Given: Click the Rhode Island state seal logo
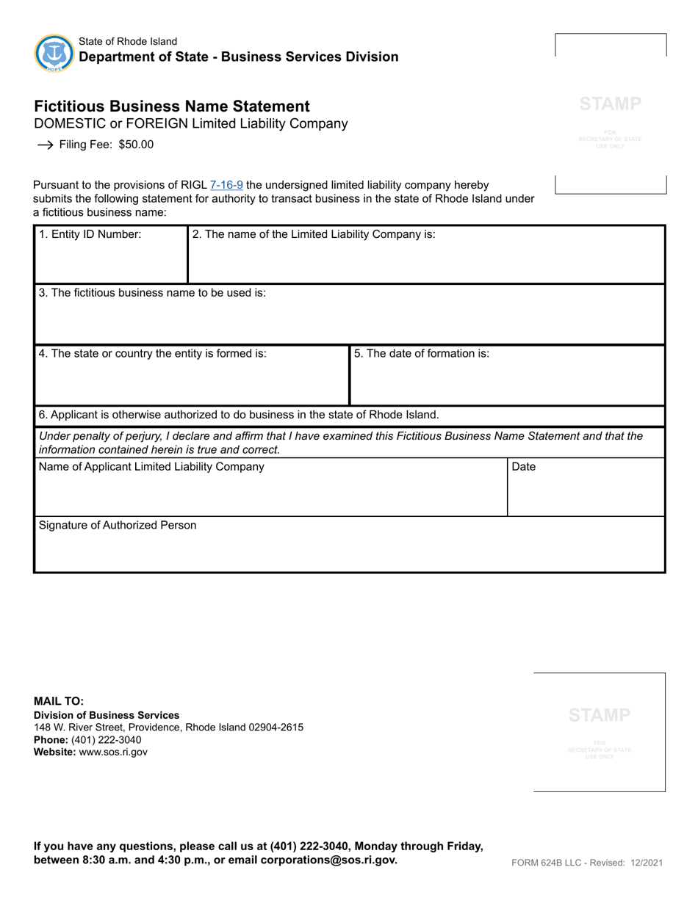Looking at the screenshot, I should tap(54, 53).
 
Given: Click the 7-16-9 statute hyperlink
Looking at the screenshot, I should tap(226, 185).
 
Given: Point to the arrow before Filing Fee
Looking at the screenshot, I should tap(45, 145).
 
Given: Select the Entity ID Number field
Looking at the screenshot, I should tap(110, 261).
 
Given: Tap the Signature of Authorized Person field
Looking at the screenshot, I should tap(349, 551).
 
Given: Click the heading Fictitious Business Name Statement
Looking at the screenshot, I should tap(172, 106).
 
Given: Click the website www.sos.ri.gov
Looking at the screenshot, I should tap(113, 752).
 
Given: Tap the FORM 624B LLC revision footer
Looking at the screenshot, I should tap(587, 863).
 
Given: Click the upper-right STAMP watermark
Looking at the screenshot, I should tap(610, 104).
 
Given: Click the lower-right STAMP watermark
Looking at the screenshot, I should tap(599, 715).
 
